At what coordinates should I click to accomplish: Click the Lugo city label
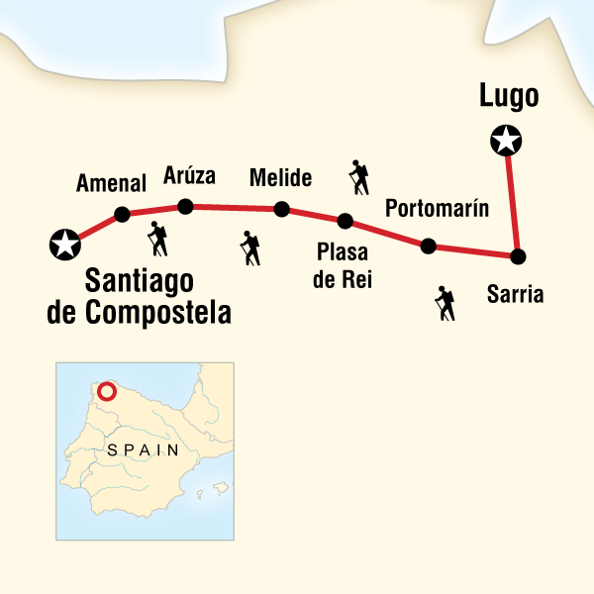(508, 97)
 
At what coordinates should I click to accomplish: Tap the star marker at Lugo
(506, 142)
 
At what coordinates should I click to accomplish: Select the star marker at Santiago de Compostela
(64, 243)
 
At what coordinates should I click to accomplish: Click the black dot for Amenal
(122, 214)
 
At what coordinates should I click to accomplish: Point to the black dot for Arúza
(184, 206)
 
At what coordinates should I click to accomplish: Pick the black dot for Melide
(282, 209)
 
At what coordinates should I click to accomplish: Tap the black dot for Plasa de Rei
(345, 221)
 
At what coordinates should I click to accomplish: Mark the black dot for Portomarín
(428, 246)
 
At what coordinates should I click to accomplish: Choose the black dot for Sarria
(517, 256)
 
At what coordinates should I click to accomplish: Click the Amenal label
(112, 184)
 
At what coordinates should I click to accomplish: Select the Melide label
(281, 178)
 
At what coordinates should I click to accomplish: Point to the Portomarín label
(438, 209)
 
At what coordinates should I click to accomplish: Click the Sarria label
(516, 294)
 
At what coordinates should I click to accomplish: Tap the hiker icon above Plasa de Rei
(358, 177)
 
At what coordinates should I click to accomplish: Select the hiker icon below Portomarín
(445, 303)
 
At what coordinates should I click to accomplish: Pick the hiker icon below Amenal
(157, 239)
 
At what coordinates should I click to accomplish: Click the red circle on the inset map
(107, 391)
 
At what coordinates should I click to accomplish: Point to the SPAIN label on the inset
(138, 448)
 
